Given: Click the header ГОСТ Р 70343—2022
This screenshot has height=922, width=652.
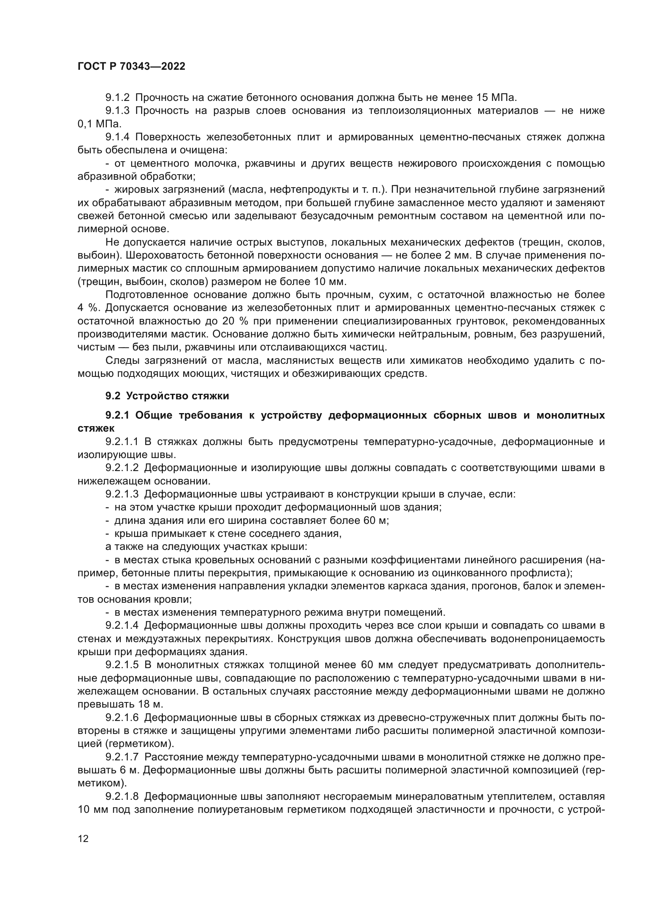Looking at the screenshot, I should [x=131, y=67].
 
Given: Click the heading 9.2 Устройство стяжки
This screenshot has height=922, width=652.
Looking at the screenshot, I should [x=167, y=396].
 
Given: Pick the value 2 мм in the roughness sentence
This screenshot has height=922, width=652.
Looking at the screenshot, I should [x=456, y=255].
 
